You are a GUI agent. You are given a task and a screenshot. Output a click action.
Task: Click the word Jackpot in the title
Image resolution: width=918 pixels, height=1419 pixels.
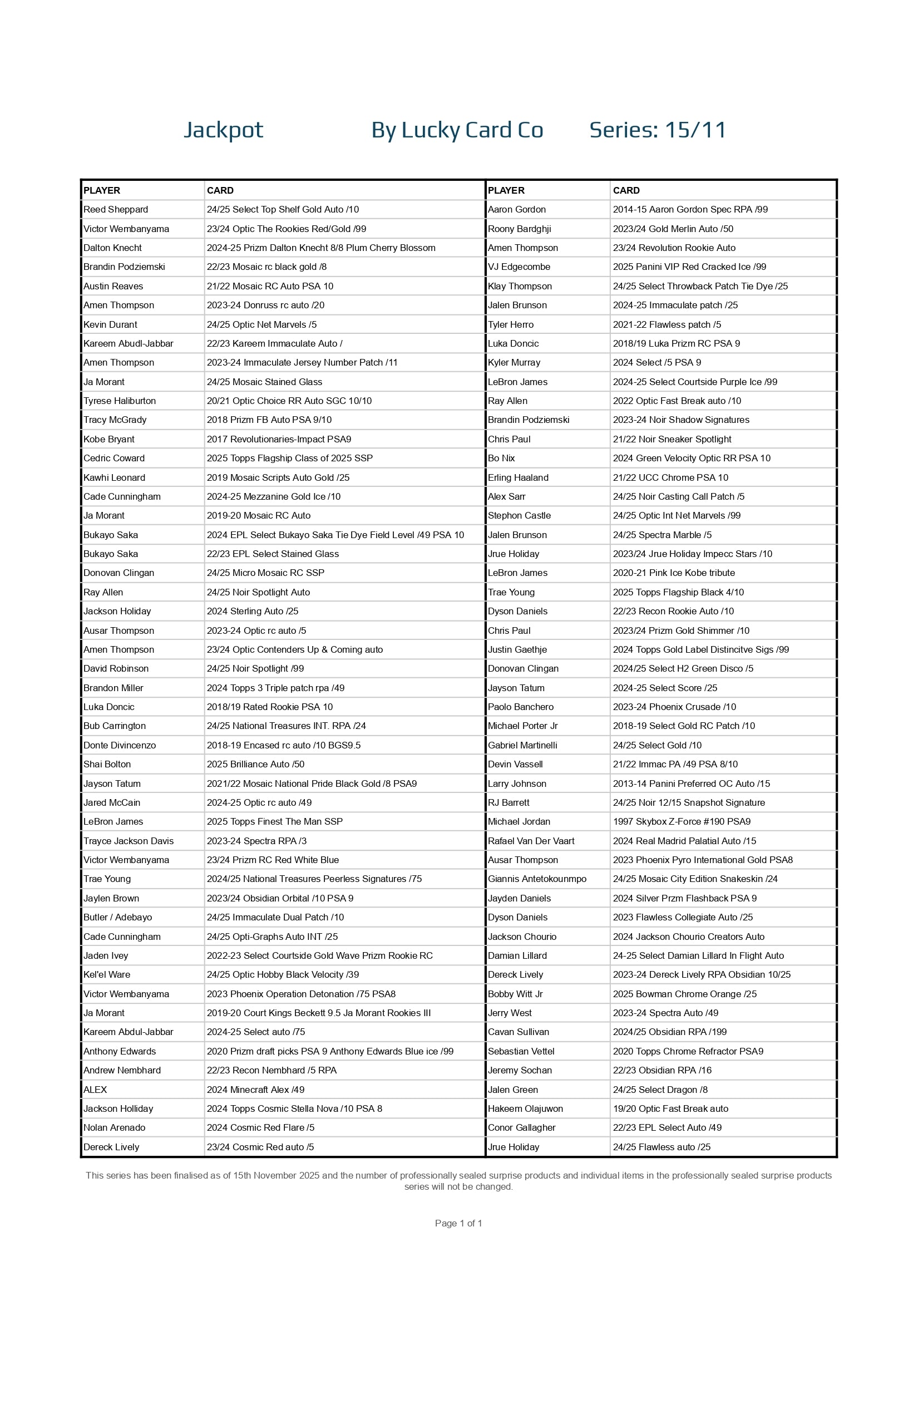click(x=223, y=130)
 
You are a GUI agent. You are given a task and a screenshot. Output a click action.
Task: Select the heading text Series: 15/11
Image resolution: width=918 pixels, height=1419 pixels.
click(x=658, y=130)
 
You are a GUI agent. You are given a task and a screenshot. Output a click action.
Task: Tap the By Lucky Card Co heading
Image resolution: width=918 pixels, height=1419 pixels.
click(x=457, y=130)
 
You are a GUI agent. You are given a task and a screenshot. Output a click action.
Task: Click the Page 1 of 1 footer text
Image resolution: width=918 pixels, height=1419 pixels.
click(x=458, y=1223)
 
